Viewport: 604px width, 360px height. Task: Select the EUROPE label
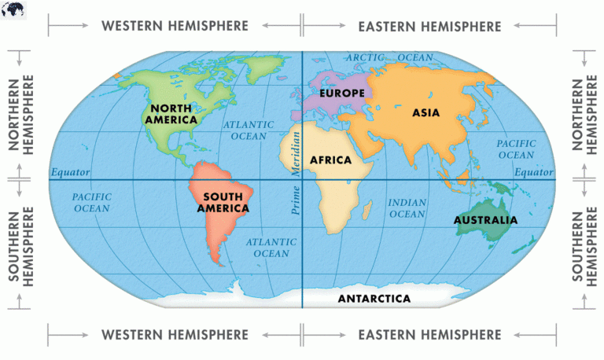tap(341, 94)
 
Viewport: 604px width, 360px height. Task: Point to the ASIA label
tap(425, 112)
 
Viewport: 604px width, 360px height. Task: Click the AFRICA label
tap(330, 160)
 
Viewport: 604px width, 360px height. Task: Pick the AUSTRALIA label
tap(485, 220)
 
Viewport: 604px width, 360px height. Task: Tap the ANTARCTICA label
tap(374, 299)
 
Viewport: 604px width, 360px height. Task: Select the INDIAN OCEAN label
tap(407, 208)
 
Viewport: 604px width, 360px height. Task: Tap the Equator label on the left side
tap(71, 172)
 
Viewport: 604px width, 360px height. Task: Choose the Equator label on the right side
tap(534, 172)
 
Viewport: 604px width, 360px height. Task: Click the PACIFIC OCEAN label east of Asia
tap(516, 149)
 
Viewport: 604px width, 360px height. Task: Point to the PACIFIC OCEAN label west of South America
tap(91, 202)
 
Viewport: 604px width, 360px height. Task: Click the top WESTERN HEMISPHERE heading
tap(175, 26)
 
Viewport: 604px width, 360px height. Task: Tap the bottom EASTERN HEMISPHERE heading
tap(429, 335)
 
